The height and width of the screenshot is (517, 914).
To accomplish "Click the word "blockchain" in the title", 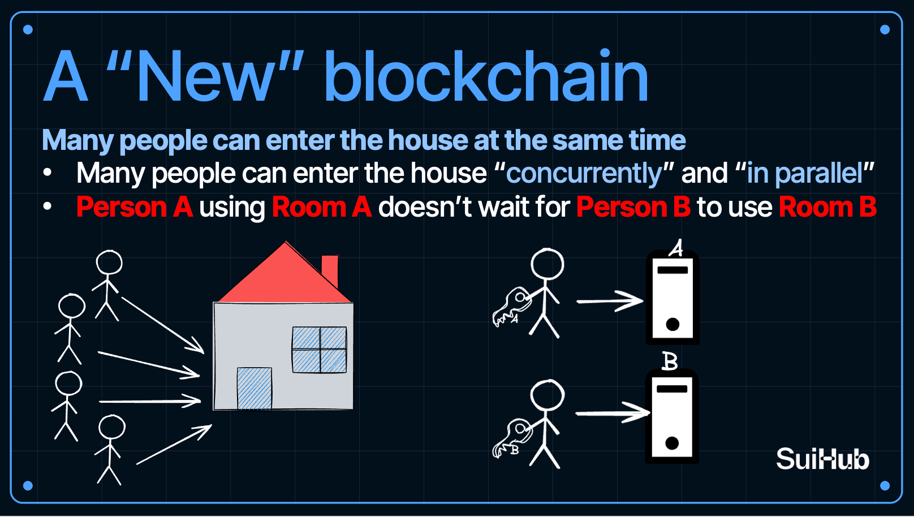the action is (486, 76).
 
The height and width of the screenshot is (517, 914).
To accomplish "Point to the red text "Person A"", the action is (134, 207).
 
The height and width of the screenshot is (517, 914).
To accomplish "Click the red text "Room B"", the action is (827, 207).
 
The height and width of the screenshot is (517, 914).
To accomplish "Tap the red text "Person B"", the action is (633, 207).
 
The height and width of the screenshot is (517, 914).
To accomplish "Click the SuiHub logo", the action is (822, 459).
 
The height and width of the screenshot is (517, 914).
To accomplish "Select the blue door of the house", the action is (255, 389).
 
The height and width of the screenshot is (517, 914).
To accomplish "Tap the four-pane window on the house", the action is (320, 350).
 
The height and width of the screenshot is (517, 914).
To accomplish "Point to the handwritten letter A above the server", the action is (676, 248).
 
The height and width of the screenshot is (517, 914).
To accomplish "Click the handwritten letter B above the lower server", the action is (670, 361).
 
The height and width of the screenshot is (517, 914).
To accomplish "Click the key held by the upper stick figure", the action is (512, 307).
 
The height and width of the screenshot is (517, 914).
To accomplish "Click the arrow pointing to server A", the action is (610, 301).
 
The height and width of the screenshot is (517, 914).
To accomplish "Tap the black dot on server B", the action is (671, 443).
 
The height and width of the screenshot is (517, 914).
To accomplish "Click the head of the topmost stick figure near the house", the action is (109, 262).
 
